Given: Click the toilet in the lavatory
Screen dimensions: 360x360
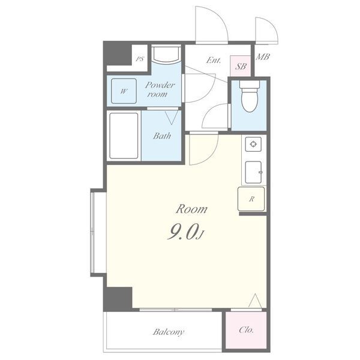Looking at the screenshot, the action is (250, 96).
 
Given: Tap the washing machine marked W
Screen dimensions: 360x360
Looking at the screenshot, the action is (124, 91).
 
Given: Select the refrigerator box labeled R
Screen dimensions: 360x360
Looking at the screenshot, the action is (251, 199).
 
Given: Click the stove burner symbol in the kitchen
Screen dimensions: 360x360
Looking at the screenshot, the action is (253, 144).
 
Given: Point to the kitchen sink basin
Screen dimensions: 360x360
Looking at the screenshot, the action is (253, 172).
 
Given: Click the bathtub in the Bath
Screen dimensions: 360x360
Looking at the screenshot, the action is (124, 136).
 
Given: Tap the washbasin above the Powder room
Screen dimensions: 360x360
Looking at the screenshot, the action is (166, 54).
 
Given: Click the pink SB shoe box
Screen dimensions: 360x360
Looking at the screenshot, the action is (240, 66).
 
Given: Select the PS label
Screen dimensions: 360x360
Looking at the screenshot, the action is (140, 59).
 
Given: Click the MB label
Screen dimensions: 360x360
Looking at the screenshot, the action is (263, 57).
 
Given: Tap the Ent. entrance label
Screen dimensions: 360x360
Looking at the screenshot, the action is (213, 61).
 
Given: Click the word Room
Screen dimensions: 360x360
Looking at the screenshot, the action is (191, 209).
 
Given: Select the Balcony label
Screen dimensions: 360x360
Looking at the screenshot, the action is (168, 332).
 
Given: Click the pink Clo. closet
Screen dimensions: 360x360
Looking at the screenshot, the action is (246, 330).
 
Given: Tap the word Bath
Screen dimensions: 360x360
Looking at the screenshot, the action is (162, 136).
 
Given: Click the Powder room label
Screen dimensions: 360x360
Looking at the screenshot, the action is (160, 89).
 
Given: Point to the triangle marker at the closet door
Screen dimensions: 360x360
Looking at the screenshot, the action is (255, 301).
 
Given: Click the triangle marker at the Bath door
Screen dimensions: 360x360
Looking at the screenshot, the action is (172, 118).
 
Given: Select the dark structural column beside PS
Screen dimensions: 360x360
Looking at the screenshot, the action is (118, 55).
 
